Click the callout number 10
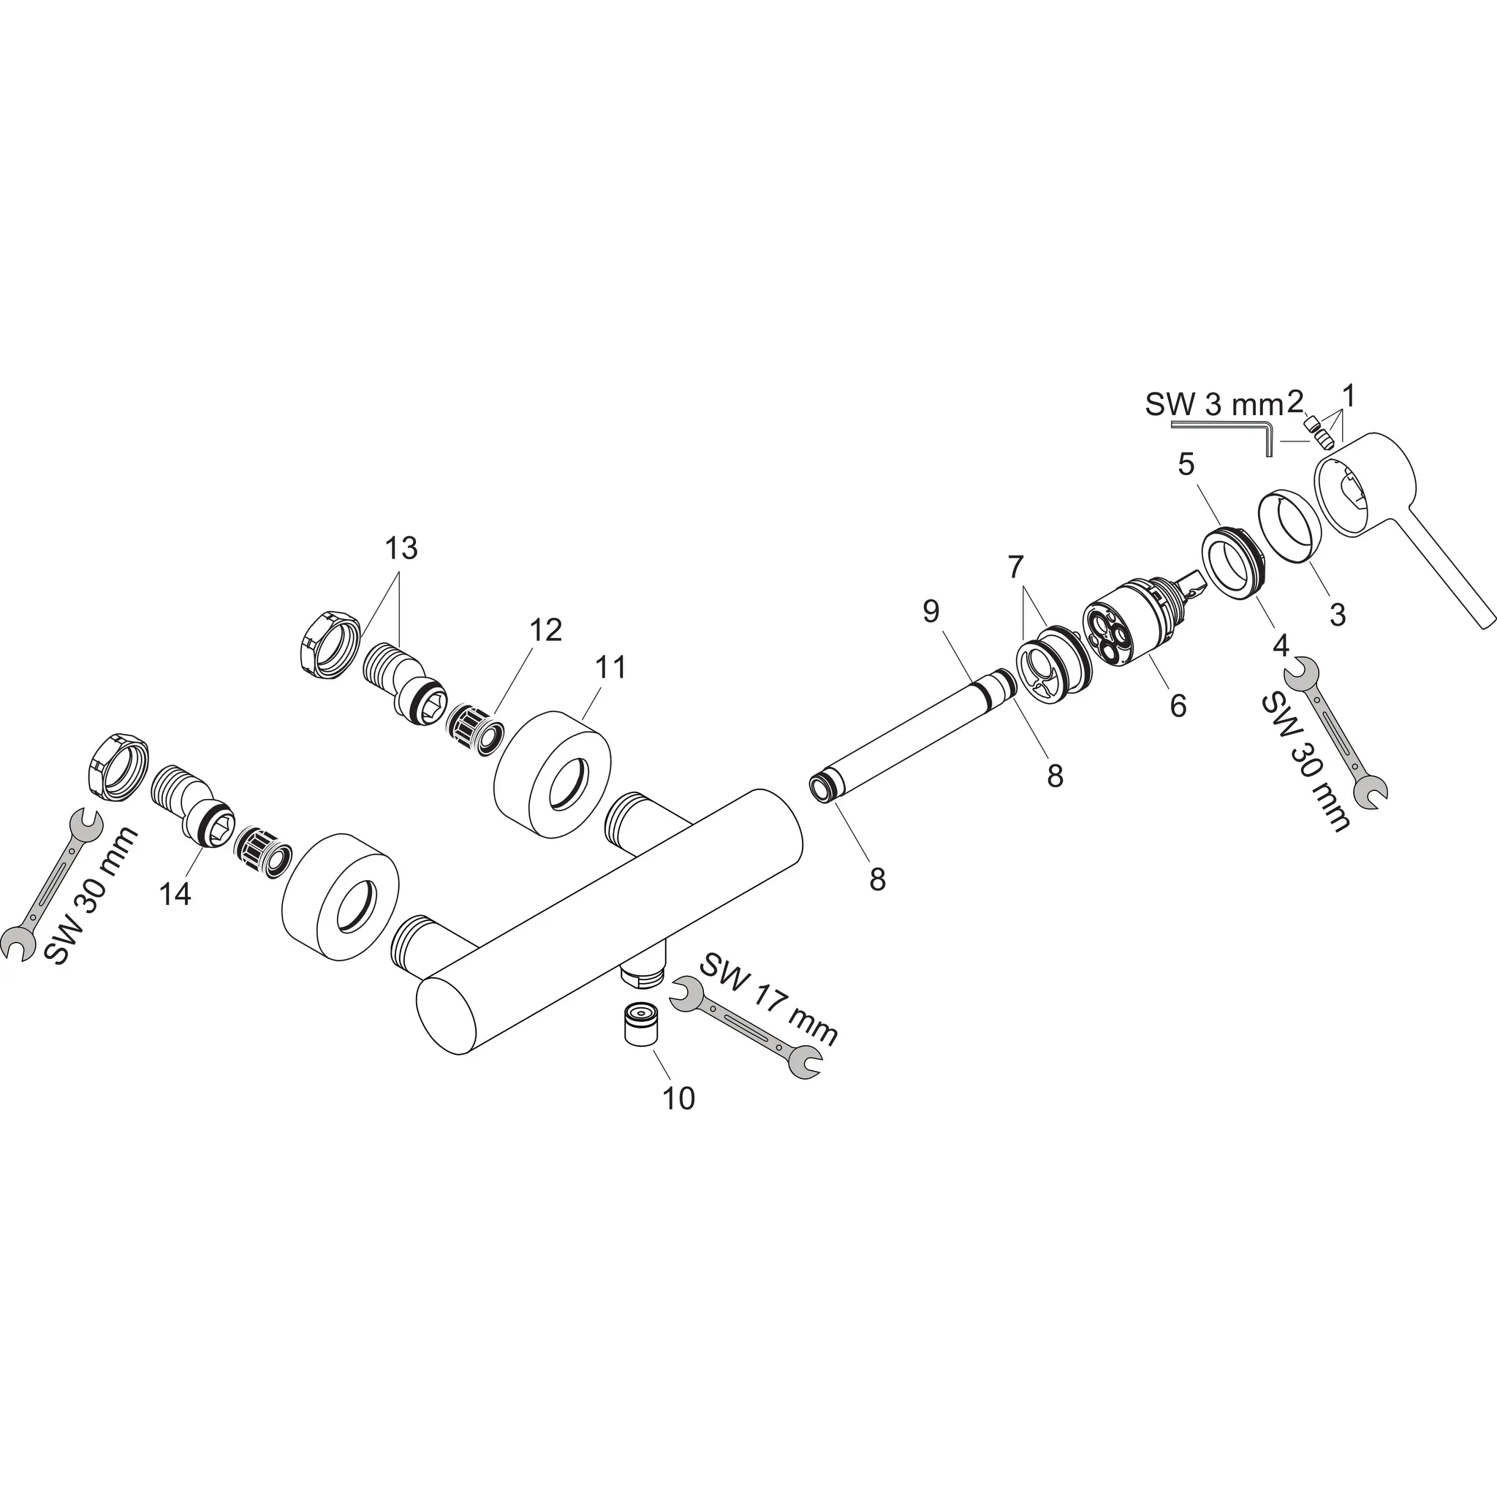click(x=678, y=1098)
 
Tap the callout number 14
click(x=175, y=893)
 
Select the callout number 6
click(x=1178, y=705)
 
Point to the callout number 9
click(x=931, y=611)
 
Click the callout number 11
click(x=610, y=667)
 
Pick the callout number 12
click(x=546, y=630)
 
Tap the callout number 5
click(x=1186, y=464)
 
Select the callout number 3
click(x=1338, y=615)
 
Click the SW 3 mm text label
click(x=1214, y=404)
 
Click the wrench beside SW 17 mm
click(x=746, y=1028)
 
